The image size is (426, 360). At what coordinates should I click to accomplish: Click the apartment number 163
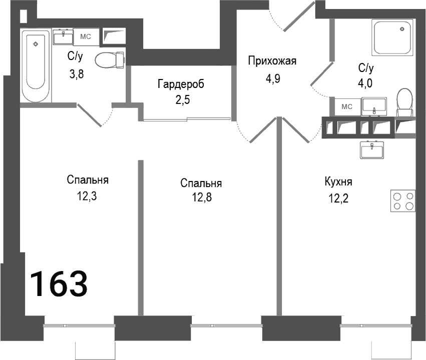coord(59,283)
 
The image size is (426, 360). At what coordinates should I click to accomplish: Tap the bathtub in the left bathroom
coord(36,65)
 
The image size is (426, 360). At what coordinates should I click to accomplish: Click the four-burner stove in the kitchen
coord(403,201)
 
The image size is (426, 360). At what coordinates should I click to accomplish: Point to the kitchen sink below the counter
coord(371,149)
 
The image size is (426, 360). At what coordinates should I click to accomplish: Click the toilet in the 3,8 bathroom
coord(109,60)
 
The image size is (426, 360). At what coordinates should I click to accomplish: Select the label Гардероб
coord(181,83)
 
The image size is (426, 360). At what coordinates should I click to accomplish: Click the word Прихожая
coord(272,61)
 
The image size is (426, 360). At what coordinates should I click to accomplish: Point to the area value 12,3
coord(87,196)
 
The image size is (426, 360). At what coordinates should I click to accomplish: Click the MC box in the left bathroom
coord(86,37)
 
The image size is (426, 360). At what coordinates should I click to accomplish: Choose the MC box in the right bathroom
coord(347,106)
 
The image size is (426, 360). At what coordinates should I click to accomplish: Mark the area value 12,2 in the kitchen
coord(338,198)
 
